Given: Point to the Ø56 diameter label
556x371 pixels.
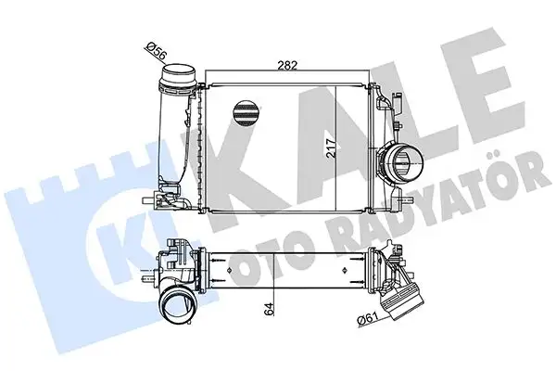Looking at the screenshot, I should click(158, 51).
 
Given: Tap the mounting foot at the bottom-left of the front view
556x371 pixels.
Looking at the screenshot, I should click(153, 197).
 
